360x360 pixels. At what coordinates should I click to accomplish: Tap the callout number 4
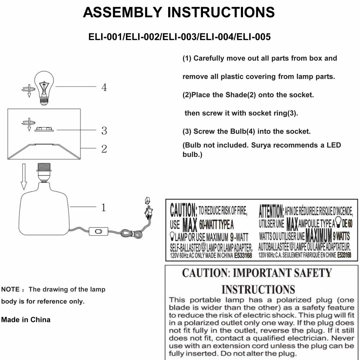104,87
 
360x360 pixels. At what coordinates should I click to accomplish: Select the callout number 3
104,131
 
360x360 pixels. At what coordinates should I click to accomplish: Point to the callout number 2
104,149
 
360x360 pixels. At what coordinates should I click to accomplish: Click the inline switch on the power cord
98,230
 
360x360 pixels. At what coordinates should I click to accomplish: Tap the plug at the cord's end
147,209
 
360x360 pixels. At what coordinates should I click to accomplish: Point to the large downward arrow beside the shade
24,176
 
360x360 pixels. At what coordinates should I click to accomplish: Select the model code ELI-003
179,37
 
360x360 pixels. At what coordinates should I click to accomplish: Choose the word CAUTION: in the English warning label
183,209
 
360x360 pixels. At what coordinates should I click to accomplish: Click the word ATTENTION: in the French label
271,209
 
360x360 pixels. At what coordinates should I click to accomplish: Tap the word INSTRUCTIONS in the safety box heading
258,289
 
